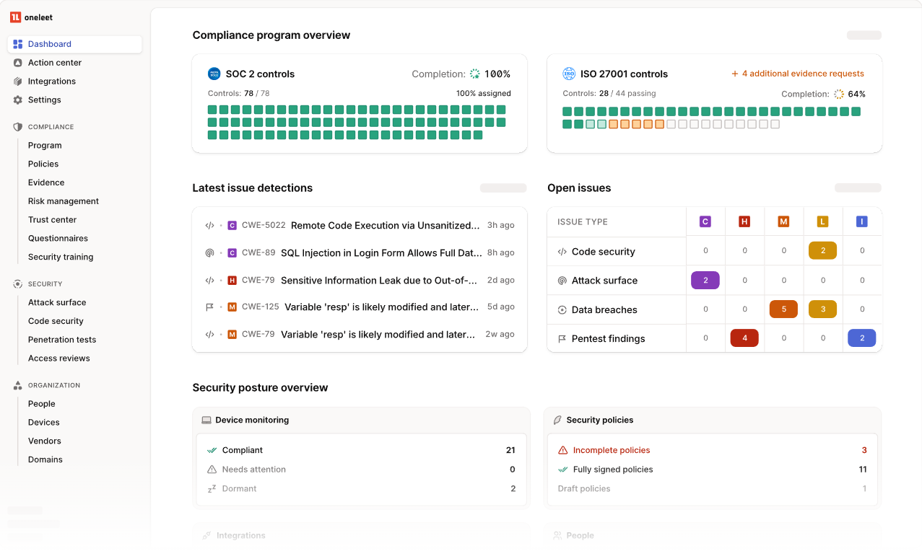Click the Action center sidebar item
point(54,63)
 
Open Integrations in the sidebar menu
point(51,82)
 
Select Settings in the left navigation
point(44,100)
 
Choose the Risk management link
point(63,201)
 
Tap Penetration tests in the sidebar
point(61,340)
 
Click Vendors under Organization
point(44,441)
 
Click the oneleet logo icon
point(15,17)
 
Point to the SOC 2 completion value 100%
point(497,74)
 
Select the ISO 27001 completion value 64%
point(856,94)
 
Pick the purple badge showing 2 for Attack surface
point(705,281)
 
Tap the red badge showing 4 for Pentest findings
point(744,338)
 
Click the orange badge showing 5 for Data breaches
point(783,309)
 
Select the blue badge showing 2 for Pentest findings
point(861,338)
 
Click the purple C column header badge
point(705,222)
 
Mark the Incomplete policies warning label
point(611,450)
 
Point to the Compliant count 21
point(510,450)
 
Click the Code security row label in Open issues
point(603,252)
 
